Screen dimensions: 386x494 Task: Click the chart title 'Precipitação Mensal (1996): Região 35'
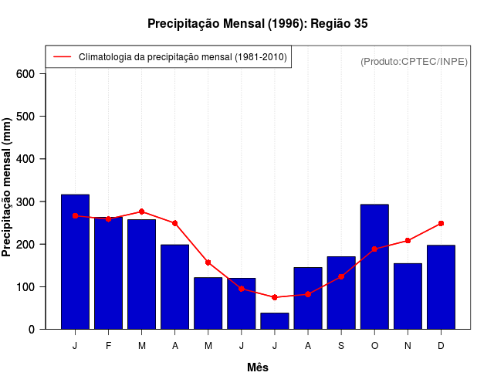[x=258, y=24]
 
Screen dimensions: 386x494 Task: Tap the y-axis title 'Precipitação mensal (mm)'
[x=7, y=188]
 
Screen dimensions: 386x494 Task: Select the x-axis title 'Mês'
[x=258, y=367]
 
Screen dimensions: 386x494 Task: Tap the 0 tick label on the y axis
[x=32, y=330]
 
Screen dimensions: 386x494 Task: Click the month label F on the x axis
[x=108, y=346]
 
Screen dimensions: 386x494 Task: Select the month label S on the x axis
[x=341, y=346]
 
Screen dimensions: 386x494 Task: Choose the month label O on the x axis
[x=374, y=346]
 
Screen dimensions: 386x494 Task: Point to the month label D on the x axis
[x=441, y=346]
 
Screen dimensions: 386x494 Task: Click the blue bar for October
[x=374, y=267]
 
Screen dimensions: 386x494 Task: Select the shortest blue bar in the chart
[x=275, y=321]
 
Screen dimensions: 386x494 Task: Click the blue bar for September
[x=341, y=293]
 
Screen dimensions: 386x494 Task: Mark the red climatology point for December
[x=441, y=223]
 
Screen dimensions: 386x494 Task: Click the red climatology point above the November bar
[x=408, y=241]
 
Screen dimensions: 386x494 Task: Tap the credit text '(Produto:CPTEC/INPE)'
[x=414, y=61]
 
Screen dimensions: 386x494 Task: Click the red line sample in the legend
[x=62, y=57]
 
